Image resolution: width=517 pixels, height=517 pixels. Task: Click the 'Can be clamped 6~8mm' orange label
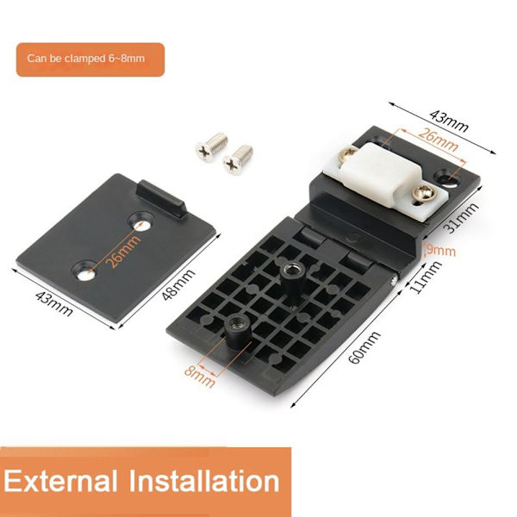[x=90, y=59]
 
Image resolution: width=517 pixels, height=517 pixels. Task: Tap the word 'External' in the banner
[x=60, y=481]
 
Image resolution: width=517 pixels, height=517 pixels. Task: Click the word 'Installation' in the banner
[x=204, y=481]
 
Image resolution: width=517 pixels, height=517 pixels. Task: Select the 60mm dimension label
[x=364, y=347]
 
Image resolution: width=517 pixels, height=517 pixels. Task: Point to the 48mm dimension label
[x=178, y=285]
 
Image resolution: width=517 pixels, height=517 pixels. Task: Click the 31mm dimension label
[x=461, y=218]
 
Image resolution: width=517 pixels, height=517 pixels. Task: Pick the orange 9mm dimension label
[x=441, y=250]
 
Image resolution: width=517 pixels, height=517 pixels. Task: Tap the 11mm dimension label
[x=426, y=277]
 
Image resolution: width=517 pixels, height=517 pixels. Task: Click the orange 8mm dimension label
[x=200, y=377]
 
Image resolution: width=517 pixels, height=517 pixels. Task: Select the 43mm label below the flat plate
[x=53, y=303]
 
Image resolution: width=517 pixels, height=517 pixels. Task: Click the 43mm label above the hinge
[x=449, y=121]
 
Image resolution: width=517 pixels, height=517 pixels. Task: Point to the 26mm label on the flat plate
[x=123, y=252]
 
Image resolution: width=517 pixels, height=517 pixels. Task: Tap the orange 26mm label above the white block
[x=438, y=140]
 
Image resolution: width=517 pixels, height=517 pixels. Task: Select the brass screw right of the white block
[x=425, y=192]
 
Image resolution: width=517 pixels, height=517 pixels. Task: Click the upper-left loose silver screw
[x=211, y=146]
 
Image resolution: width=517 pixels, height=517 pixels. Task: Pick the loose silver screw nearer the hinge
[x=238, y=159]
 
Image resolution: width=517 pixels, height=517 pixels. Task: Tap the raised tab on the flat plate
[x=162, y=199]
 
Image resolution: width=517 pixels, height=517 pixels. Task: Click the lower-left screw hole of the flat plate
[x=84, y=271]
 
